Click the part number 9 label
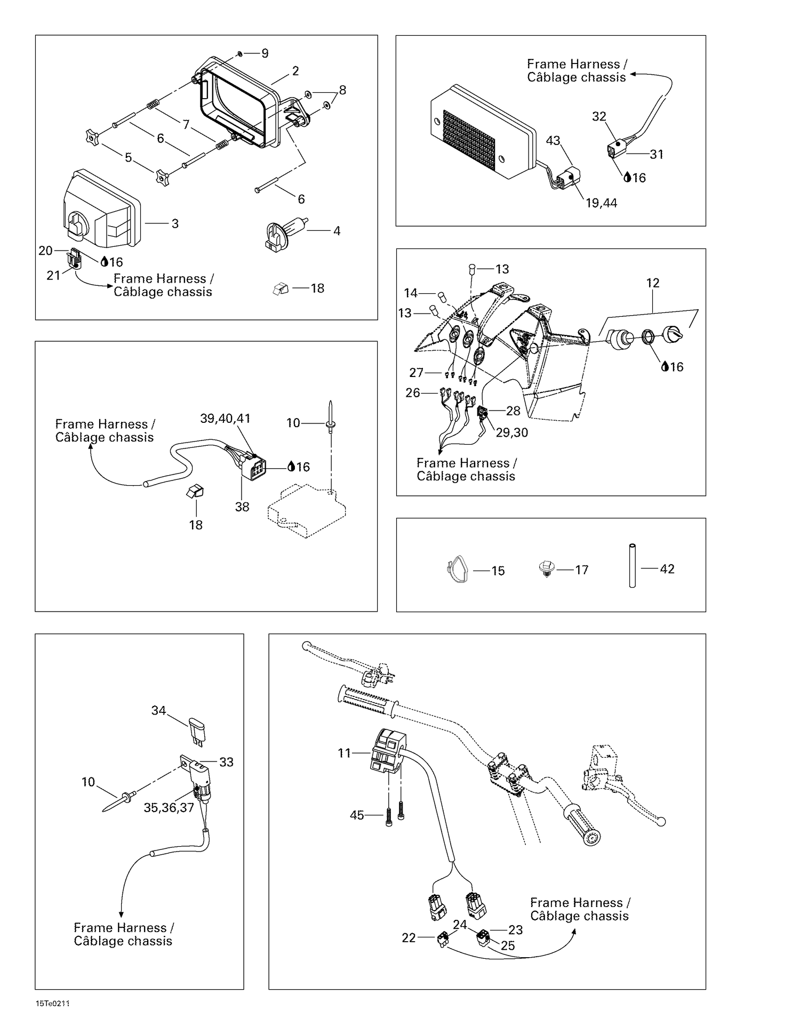(265, 53)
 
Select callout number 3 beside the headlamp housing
(175, 224)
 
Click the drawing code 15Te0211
(53, 1004)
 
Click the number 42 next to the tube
(667, 569)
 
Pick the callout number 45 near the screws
(357, 815)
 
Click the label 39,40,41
(225, 419)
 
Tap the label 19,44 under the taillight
(601, 203)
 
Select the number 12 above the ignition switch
(653, 283)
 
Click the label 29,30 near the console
(511, 432)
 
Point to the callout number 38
(242, 507)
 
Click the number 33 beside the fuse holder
(226, 762)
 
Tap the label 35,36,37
(169, 808)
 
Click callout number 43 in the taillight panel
(553, 140)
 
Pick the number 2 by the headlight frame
(295, 71)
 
